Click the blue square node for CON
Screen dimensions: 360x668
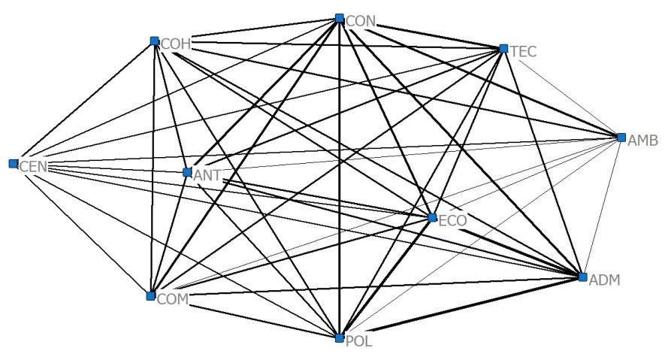point(340,18)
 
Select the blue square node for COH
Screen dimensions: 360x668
point(154,41)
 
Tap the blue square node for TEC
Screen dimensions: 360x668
point(503,49)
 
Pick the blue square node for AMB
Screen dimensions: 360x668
point(621,138)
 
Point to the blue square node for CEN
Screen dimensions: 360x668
point(13,163)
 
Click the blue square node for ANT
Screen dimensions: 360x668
point(187,172)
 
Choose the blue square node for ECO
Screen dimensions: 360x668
point(431,218)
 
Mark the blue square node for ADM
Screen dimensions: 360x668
point(582,277)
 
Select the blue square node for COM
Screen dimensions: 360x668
point(150,296)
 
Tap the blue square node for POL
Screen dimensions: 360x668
point(340,338)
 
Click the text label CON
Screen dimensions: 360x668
point(361,22)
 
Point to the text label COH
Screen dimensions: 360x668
point(176,45)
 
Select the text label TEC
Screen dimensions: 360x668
point(525,53)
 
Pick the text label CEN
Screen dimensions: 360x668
point(34,167)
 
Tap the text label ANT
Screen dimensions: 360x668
point(207,176)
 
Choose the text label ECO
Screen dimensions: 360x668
point(453,222)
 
